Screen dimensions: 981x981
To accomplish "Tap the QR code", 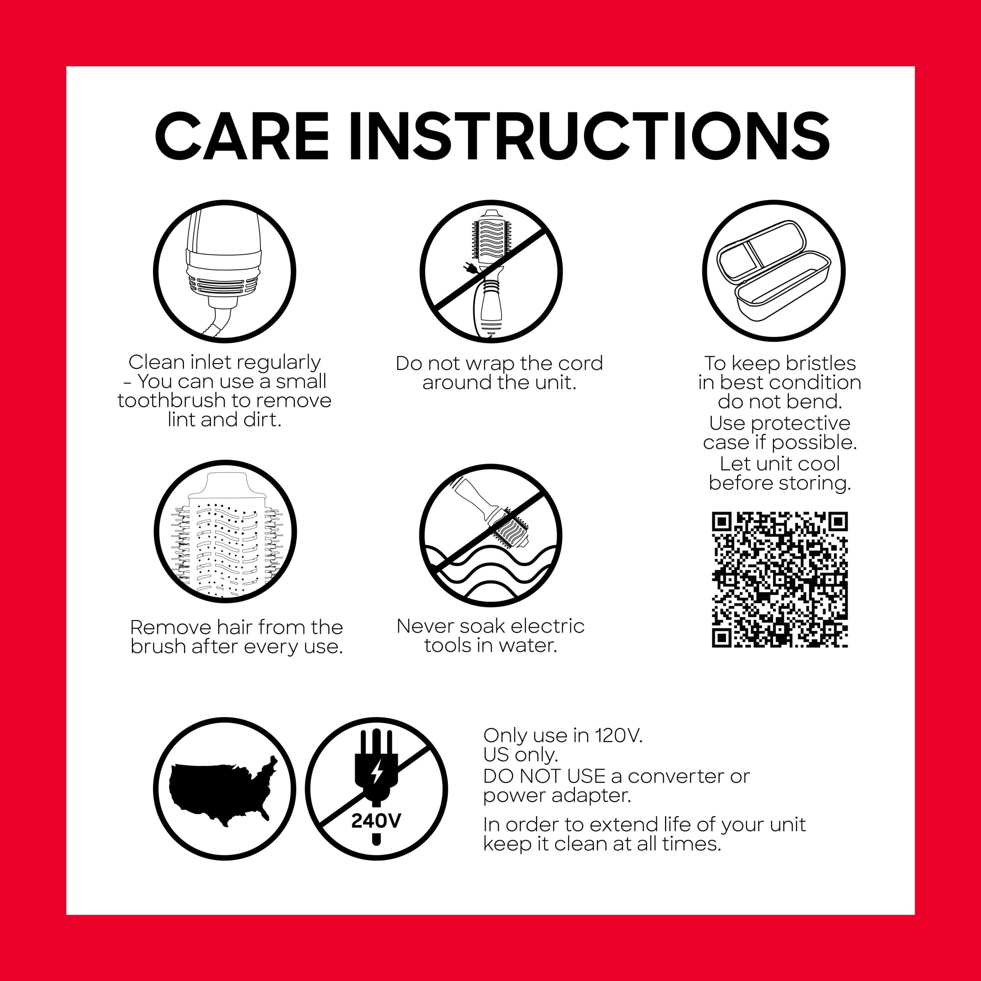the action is click(x=780, y=580).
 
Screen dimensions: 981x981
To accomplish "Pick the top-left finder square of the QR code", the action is click(x=722, y=521).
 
